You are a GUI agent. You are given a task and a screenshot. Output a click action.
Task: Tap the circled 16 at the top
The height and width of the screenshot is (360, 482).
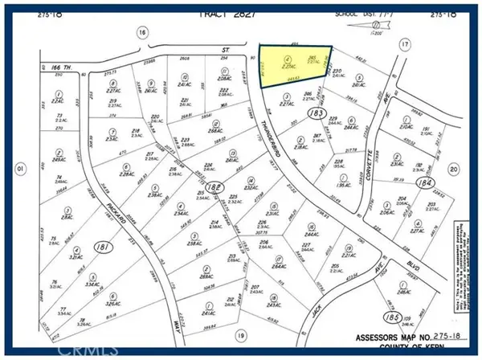point(141,32)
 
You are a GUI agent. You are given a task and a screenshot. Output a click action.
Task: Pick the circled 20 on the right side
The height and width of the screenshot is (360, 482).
point(454,169)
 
